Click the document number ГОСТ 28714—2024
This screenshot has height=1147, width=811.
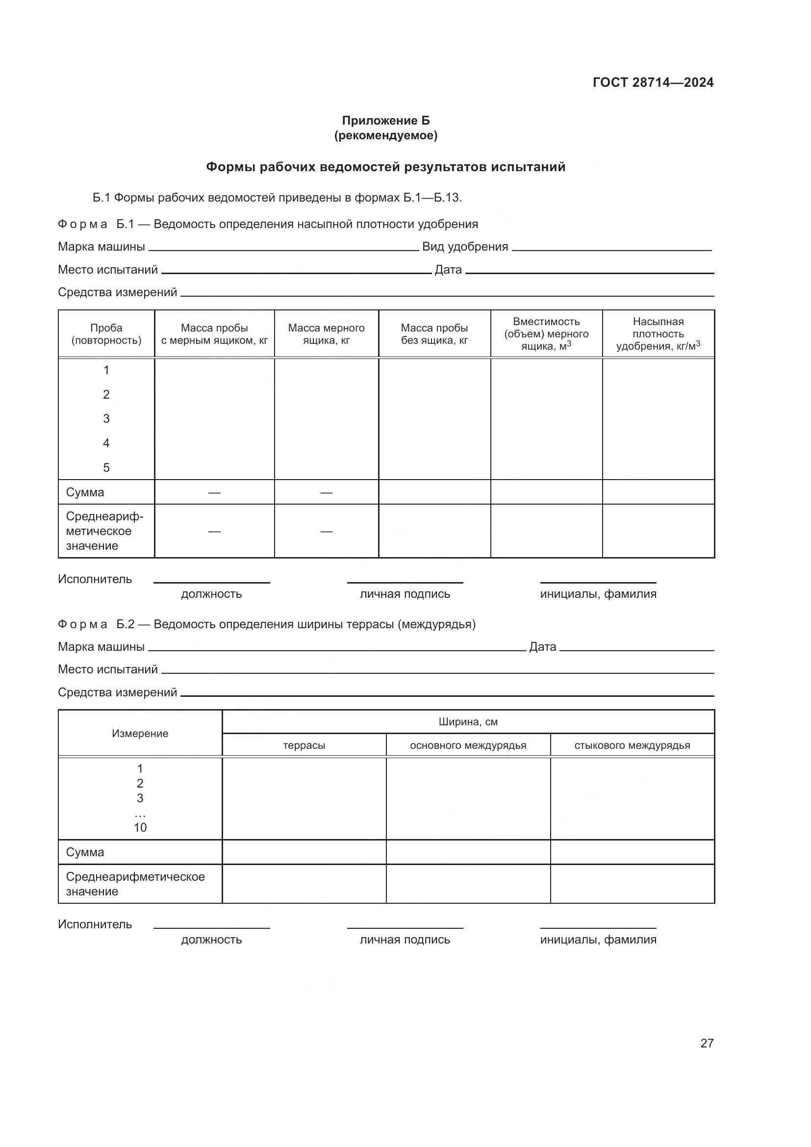click(653, 82)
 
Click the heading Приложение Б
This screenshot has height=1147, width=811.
click(385, 121)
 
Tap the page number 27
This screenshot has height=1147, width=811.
click(707, 1043)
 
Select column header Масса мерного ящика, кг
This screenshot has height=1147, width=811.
click(326, 334)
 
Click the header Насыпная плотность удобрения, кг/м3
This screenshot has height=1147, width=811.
click(658, 334)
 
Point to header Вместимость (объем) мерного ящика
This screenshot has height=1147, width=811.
click(546, 334)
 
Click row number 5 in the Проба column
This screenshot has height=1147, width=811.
click(106, 468)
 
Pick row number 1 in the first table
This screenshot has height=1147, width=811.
click(106, 370)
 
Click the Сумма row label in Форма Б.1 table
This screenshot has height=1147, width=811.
click(85, 492)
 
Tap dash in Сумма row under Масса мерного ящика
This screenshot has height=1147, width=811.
click(326, 493)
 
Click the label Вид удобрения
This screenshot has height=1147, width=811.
click(465, 247)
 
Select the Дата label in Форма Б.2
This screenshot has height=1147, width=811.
click(542, 647)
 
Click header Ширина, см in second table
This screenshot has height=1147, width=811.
click(468, 722)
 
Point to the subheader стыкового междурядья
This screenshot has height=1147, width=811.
click(632, 746)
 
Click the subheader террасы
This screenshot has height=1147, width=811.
click(304, 746)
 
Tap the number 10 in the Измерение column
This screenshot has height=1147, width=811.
click(140, 828)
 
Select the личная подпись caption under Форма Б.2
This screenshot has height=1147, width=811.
click(405, 940)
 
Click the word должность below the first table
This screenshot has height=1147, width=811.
click(211, 594)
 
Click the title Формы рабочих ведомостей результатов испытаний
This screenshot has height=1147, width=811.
click(385, 167)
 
